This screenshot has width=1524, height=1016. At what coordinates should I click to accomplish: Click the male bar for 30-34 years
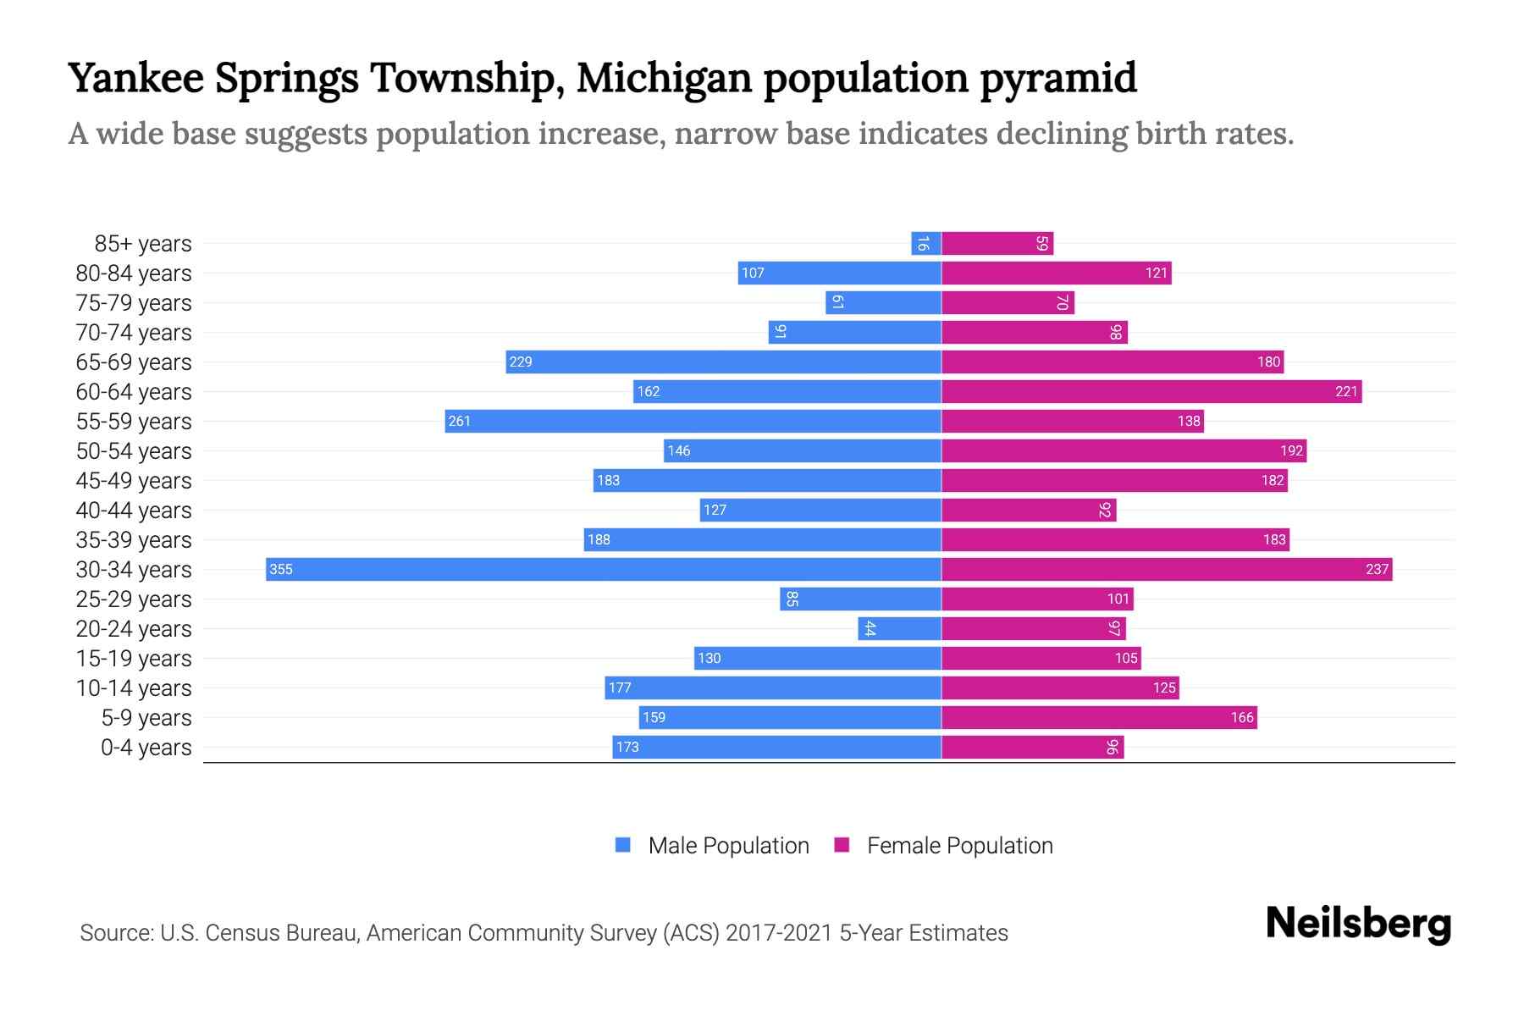pos(603,569)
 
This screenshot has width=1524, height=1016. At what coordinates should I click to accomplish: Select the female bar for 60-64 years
pos(1151,391)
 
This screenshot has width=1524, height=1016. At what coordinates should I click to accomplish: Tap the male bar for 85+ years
pos(926,243)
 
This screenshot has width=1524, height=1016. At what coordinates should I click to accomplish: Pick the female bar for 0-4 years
pos(1032,747)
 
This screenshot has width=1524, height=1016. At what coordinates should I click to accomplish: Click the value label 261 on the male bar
pos(459,421)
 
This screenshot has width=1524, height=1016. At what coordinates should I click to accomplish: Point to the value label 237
pos(1377,569)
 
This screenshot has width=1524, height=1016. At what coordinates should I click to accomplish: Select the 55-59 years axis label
pos(134,422)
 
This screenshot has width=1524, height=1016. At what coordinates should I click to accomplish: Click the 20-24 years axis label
pos(134,629)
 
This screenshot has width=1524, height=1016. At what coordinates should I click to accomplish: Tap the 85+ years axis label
pos(143,244)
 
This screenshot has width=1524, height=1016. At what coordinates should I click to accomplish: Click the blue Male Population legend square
pos(623,845)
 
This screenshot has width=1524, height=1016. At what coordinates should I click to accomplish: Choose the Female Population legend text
pos(959,846)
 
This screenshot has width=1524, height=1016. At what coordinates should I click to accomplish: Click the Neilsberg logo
pos(1358,924)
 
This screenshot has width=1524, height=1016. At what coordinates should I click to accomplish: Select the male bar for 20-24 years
pos(899,628)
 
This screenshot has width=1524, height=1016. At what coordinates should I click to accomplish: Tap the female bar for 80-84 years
pos(1056,273)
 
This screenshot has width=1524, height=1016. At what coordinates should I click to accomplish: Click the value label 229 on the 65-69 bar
pos(520,362)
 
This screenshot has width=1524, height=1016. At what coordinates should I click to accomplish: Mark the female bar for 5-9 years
pos(1099,717)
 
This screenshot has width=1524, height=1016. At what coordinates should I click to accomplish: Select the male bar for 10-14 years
pos(773,687)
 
